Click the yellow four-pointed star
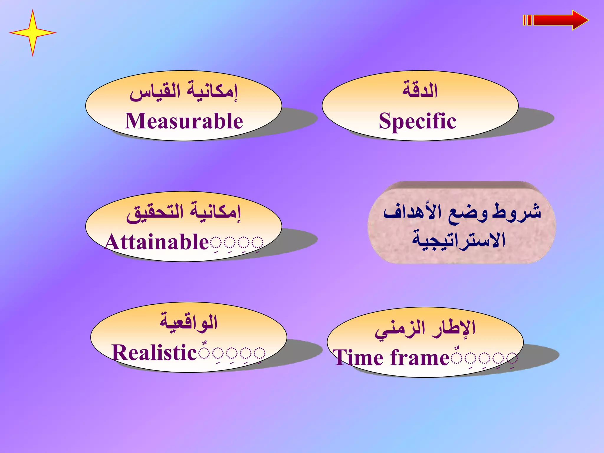click(x=32, y=32)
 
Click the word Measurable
click(x=184, y=121)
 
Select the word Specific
click(x=417, y=121)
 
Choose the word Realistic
click(x=154, y=353)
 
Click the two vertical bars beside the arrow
click(x=527, y=20)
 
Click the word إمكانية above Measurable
click(x=212, y=91)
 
